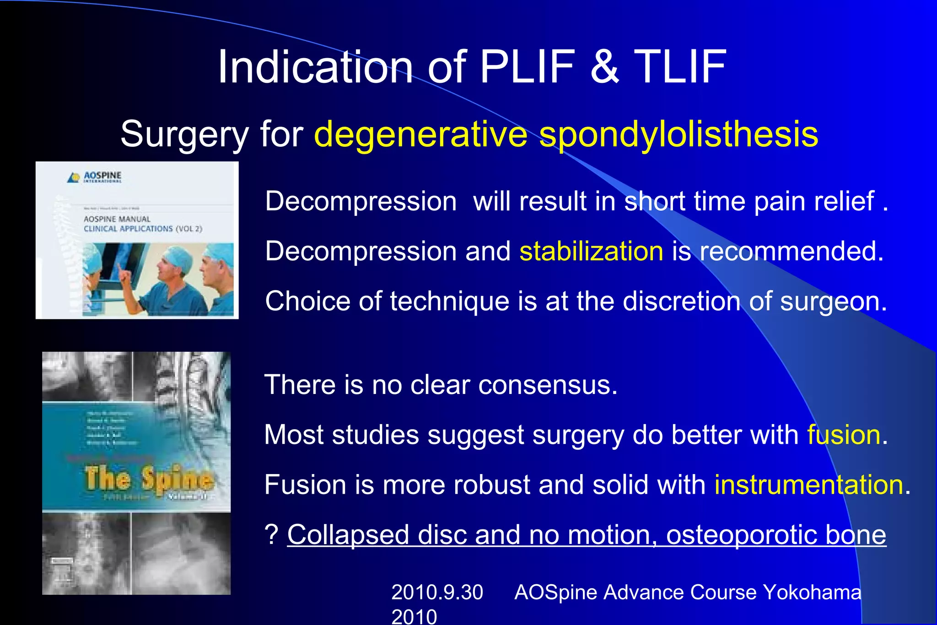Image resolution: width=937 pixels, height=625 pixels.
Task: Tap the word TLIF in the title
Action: pos(680,67)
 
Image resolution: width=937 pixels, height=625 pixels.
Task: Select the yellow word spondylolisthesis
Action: pos(679,135)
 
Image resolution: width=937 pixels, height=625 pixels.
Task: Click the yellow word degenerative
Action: pos(421,135)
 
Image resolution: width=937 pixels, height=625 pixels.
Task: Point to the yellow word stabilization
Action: pos(591,251)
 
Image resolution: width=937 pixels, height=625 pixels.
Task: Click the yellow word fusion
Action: pos(844,434)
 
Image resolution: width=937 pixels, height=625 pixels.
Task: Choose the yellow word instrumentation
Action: pos(809,485)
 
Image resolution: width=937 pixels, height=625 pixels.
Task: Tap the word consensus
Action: pos(548,385)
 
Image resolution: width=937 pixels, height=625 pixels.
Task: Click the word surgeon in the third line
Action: pos(833,302)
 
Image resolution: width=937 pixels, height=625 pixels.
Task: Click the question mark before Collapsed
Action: pos(271,534)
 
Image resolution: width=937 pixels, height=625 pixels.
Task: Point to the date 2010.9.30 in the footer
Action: pos(437,593)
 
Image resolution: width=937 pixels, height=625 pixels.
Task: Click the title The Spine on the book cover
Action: pos(149,479)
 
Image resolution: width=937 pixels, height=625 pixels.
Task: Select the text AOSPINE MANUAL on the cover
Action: pos(117,219)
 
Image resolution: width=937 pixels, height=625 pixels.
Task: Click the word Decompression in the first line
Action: pos(361,201)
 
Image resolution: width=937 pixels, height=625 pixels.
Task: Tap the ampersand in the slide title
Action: pos(604,67)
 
